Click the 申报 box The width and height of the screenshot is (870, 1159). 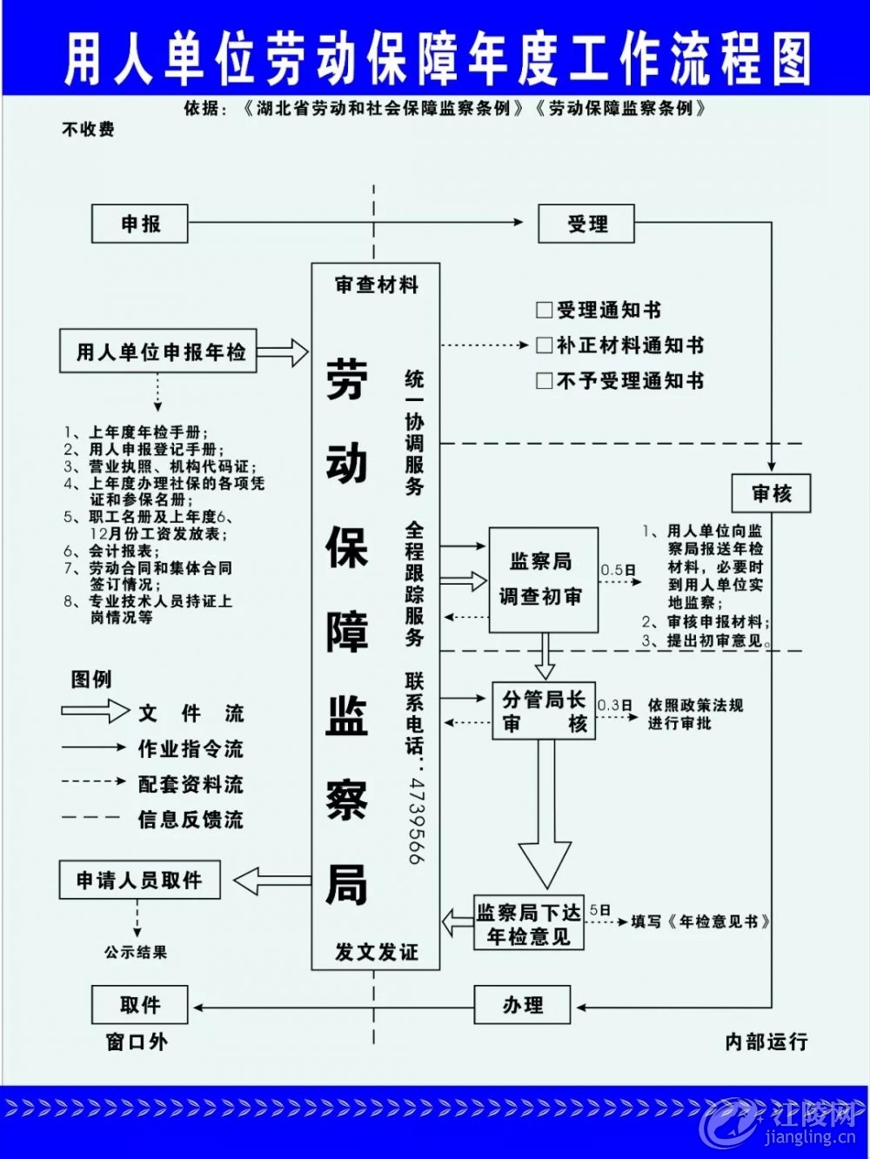pyautogui.click(x=139, y=224)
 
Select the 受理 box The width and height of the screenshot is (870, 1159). pyautogui.click(x=586, y=224)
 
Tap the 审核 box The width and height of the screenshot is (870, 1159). pyautogui.click(x=771, y=493)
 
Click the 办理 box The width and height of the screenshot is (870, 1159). pyautogui.click(x=522, y=1004)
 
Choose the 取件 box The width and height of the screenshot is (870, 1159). pyautogui.click(x=139, y=1004)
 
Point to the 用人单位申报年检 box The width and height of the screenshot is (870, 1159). pyautogui.click(x=158, y=352)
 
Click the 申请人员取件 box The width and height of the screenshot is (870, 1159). pyautogui.click(x=139, y=880)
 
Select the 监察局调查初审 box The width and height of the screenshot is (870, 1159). pyautogui.click(x=543, y=579)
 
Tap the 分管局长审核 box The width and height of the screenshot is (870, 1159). pyautogui.click(x=544, y=711)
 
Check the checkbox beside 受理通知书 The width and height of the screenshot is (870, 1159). pyautogui.click(x=544, y=310)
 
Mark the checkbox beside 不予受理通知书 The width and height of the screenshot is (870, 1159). pyautogui.click(x=544, y=381)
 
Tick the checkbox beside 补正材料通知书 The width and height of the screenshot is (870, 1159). pyautogui.click(x=544, y=345)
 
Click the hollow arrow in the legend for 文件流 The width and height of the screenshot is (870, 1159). pyautogui.click(x=95, y=711)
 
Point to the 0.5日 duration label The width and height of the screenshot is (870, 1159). pyautogui.click(x=618, y=570)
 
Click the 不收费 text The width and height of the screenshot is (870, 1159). pyautogui.click(x=88, y=129)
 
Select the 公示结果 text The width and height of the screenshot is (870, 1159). pyautogui.click(x=136, y=952)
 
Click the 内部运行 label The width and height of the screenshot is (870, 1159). pyautogui.click(x=766, y=1042)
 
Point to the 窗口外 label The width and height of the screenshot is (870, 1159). pyautogui.click(x=137, y=1042)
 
